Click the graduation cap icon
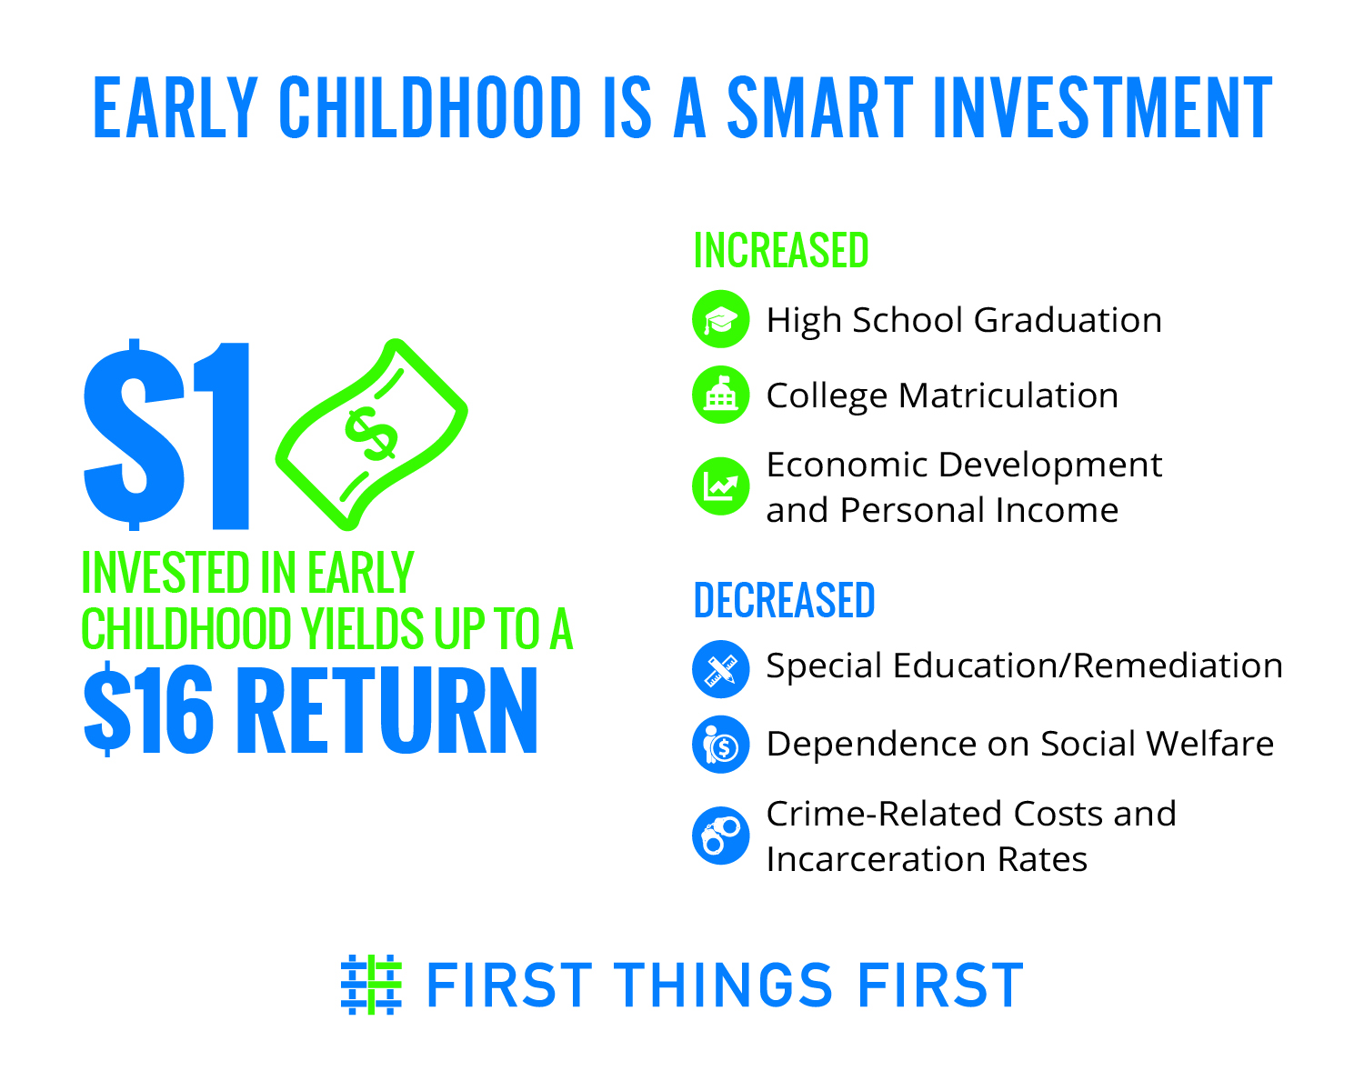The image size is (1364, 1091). coord(721,319)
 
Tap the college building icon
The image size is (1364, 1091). coord(721,395)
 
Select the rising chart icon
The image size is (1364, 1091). coord(721,485)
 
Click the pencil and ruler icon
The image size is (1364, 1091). coord(721,669)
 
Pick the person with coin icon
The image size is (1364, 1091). coord(721,745)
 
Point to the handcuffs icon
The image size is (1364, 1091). coord(721,835)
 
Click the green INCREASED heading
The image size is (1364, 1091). coord(781,250)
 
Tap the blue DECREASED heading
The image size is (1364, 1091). coord(784,600)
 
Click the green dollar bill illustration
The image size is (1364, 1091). coord(371,435)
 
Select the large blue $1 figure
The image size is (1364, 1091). coord(166,435)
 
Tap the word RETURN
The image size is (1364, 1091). coord(386,709)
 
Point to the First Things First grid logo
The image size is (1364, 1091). coord(371,984)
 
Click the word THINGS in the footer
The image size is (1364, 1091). coord(722,985)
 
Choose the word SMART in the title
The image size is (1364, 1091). coord(820,107)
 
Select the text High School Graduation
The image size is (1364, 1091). coord(964,320)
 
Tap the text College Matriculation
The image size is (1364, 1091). coord(942,396)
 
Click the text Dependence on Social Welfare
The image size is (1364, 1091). coord(1020,744)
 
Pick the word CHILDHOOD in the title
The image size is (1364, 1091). coord(430,107)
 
